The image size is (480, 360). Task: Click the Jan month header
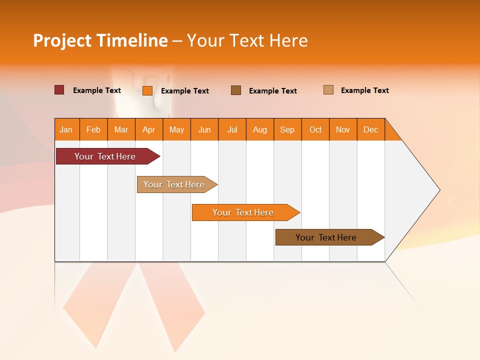tap(66, 129)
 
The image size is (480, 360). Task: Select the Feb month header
tap(93, 129)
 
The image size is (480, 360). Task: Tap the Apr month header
tap(148, 129)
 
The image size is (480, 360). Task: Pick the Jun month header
tap(204, 129)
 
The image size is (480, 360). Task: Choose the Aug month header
tap(259, 129)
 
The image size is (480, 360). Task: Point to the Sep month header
tap(287, 129)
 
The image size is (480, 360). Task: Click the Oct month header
tap(315, 129)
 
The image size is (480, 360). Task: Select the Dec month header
tap(370, 129)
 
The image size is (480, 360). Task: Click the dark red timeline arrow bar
tap(105, 156)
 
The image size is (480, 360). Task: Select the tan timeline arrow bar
tap(174, 184)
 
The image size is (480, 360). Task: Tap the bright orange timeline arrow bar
tap(243, 212)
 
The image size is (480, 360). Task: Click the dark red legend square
tap(59, 90)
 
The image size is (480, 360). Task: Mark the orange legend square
tap(147, 90)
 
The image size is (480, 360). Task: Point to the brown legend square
tap(236, 90)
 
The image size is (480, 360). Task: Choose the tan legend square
tap(328, 90)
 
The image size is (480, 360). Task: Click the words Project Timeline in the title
tap(100, 40)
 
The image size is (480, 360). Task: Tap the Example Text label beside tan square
tap(364, 90)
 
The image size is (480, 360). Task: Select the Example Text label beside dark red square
tap(97, 90)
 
